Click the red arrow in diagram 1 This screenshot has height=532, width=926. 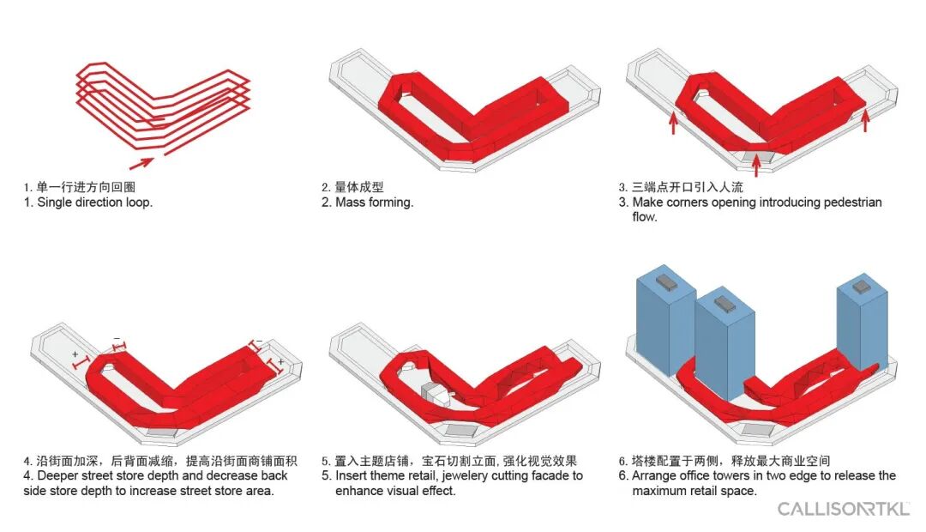141,162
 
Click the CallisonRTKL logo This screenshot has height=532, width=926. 844,508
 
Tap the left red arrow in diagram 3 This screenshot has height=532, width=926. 673,124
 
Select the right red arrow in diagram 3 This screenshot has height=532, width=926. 865,121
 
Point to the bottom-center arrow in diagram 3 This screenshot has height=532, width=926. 756,166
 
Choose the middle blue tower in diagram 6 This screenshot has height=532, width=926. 725,343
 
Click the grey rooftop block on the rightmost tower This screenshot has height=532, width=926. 863,287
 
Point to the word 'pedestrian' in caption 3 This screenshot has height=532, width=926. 852,203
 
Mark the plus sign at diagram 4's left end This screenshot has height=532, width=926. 75,354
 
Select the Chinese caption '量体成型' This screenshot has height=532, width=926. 359,187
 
